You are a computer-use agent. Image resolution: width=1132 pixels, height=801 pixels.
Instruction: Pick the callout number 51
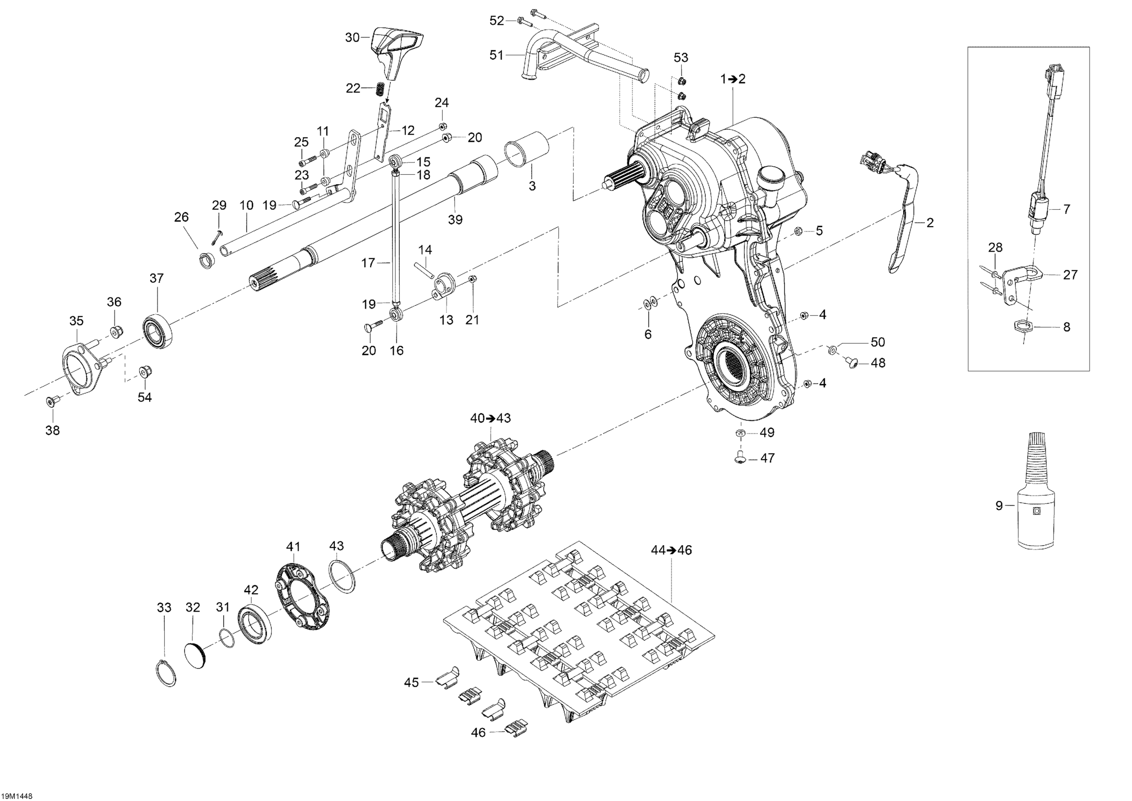coord(496,55)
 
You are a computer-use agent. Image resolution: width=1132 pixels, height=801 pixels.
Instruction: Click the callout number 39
coord(455,220)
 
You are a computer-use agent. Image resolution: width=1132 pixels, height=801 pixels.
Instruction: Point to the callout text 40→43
coord(490,418)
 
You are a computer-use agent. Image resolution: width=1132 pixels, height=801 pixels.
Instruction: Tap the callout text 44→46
coord(671,550)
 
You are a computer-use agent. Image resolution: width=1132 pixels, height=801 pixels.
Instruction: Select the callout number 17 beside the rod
coord(368,263)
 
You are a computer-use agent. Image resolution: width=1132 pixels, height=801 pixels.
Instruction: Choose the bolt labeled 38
coord(51,402)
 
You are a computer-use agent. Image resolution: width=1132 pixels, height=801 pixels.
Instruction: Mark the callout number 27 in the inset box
coord(1070,275)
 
